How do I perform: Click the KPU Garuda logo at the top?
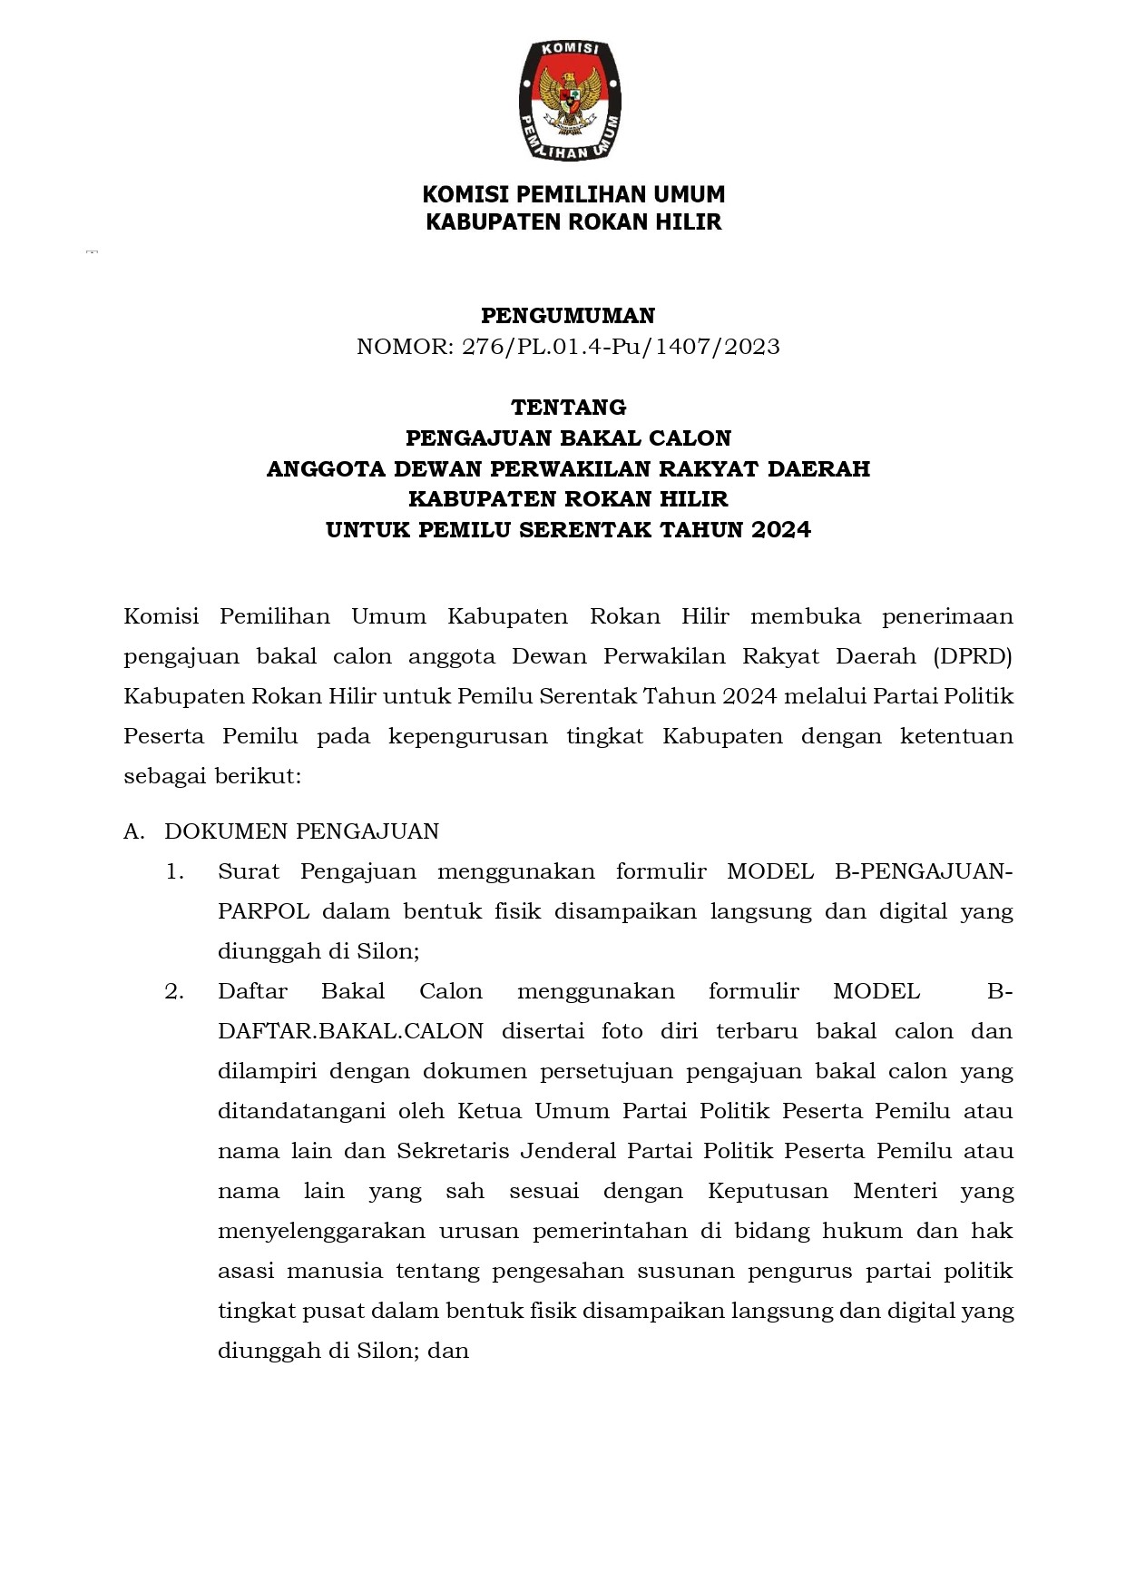(x=569, y=101)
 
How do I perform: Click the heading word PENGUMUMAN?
(x=568, y=316)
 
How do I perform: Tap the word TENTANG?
(x=568, y=407)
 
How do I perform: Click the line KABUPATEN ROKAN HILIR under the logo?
(x=573, y=222)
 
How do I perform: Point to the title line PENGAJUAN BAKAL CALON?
(x=568, y=438)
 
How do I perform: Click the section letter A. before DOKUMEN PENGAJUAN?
(x=133, y=831)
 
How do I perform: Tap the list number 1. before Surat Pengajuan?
(x=174, y=871)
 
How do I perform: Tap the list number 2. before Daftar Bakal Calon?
(x=174, y=991)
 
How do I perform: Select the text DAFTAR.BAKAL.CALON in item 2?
(x=350, y=1031)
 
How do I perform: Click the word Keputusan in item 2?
(x=768, y=1191)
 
